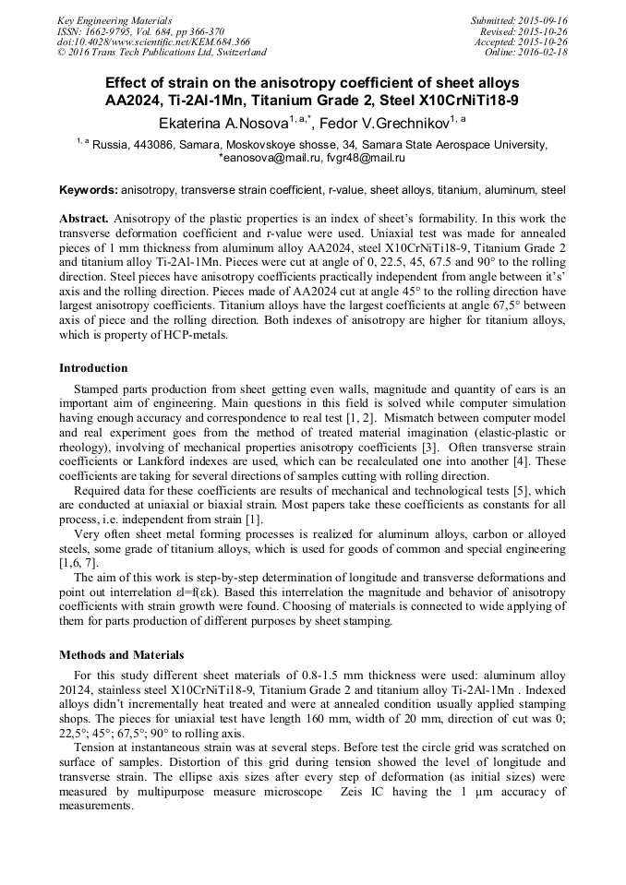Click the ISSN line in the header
coord(139,30)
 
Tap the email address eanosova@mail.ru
coord(264,158)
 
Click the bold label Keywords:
coord(89,190)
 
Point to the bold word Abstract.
coord(84,219)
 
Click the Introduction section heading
coord(93,368)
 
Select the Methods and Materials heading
coord(121,655)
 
